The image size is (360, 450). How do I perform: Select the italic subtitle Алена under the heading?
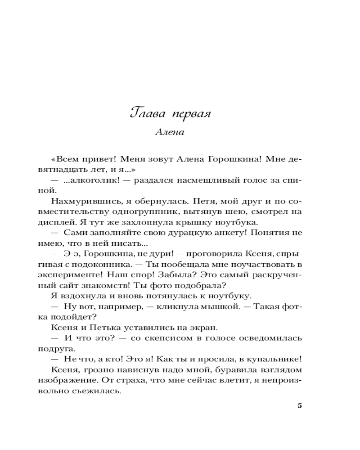point(169,133)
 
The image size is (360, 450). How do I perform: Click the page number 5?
point(300,405)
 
